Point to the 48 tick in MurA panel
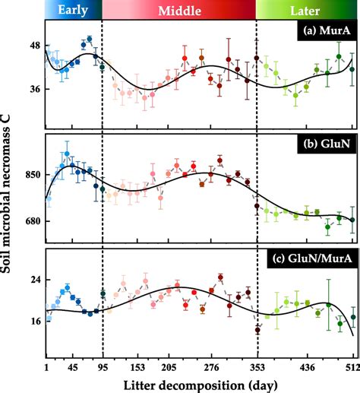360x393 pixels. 35,46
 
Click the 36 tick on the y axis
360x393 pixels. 35,89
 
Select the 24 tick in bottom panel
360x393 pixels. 35,280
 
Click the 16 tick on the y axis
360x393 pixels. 35,321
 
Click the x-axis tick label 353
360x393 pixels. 257,367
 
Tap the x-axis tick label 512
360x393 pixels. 352,367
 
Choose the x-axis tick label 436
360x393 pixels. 307,367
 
